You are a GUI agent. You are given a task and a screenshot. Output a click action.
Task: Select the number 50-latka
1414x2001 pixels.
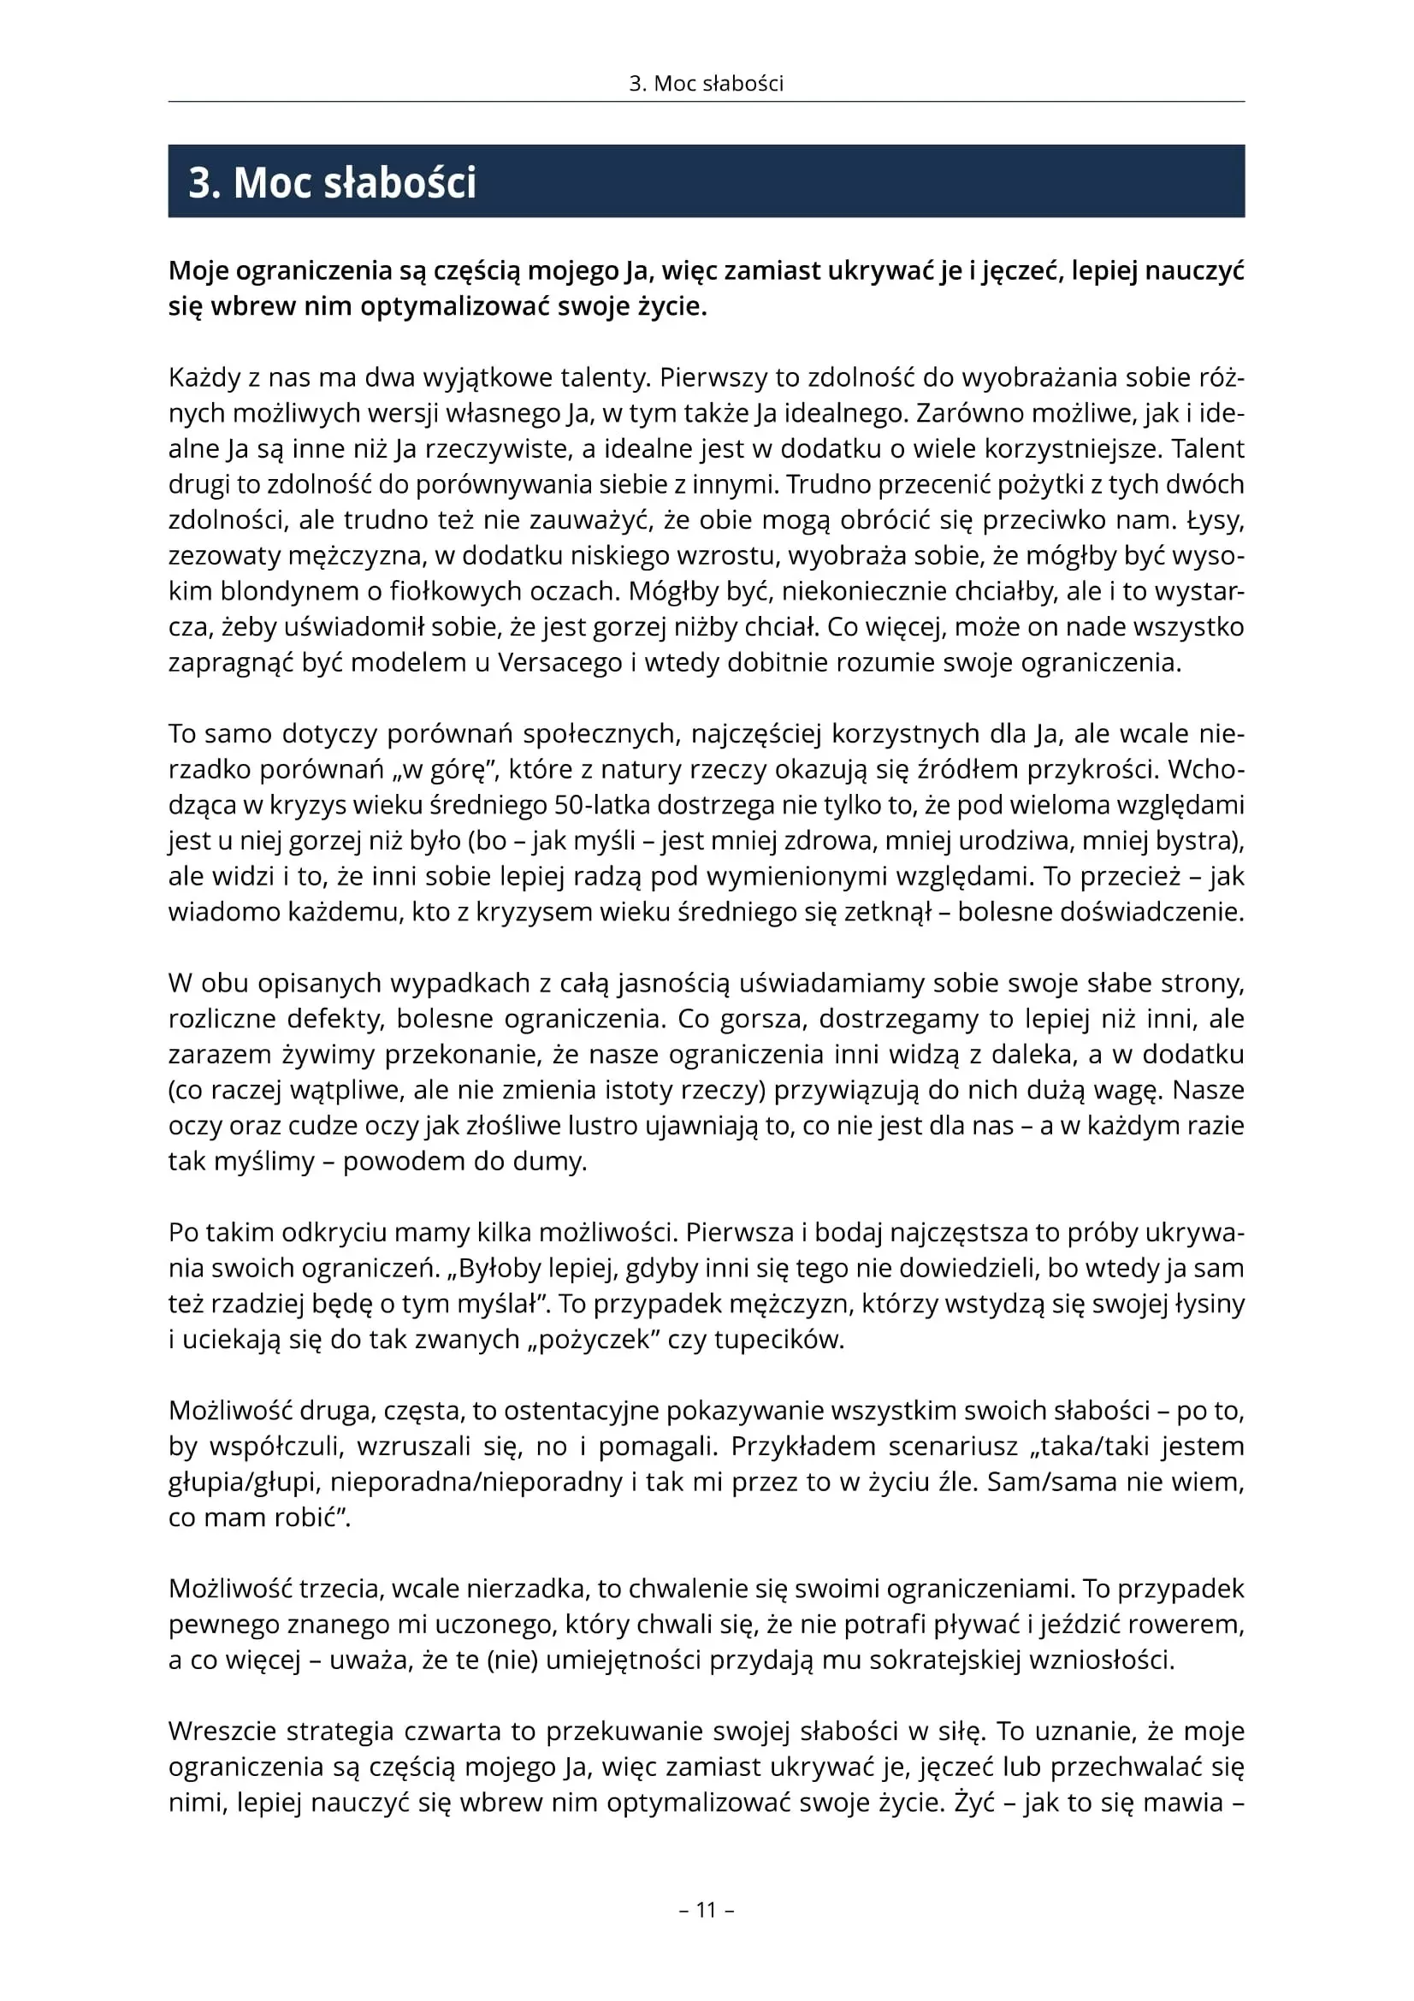[607, 805]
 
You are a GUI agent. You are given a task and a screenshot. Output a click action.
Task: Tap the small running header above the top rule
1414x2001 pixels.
[706, 84]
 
